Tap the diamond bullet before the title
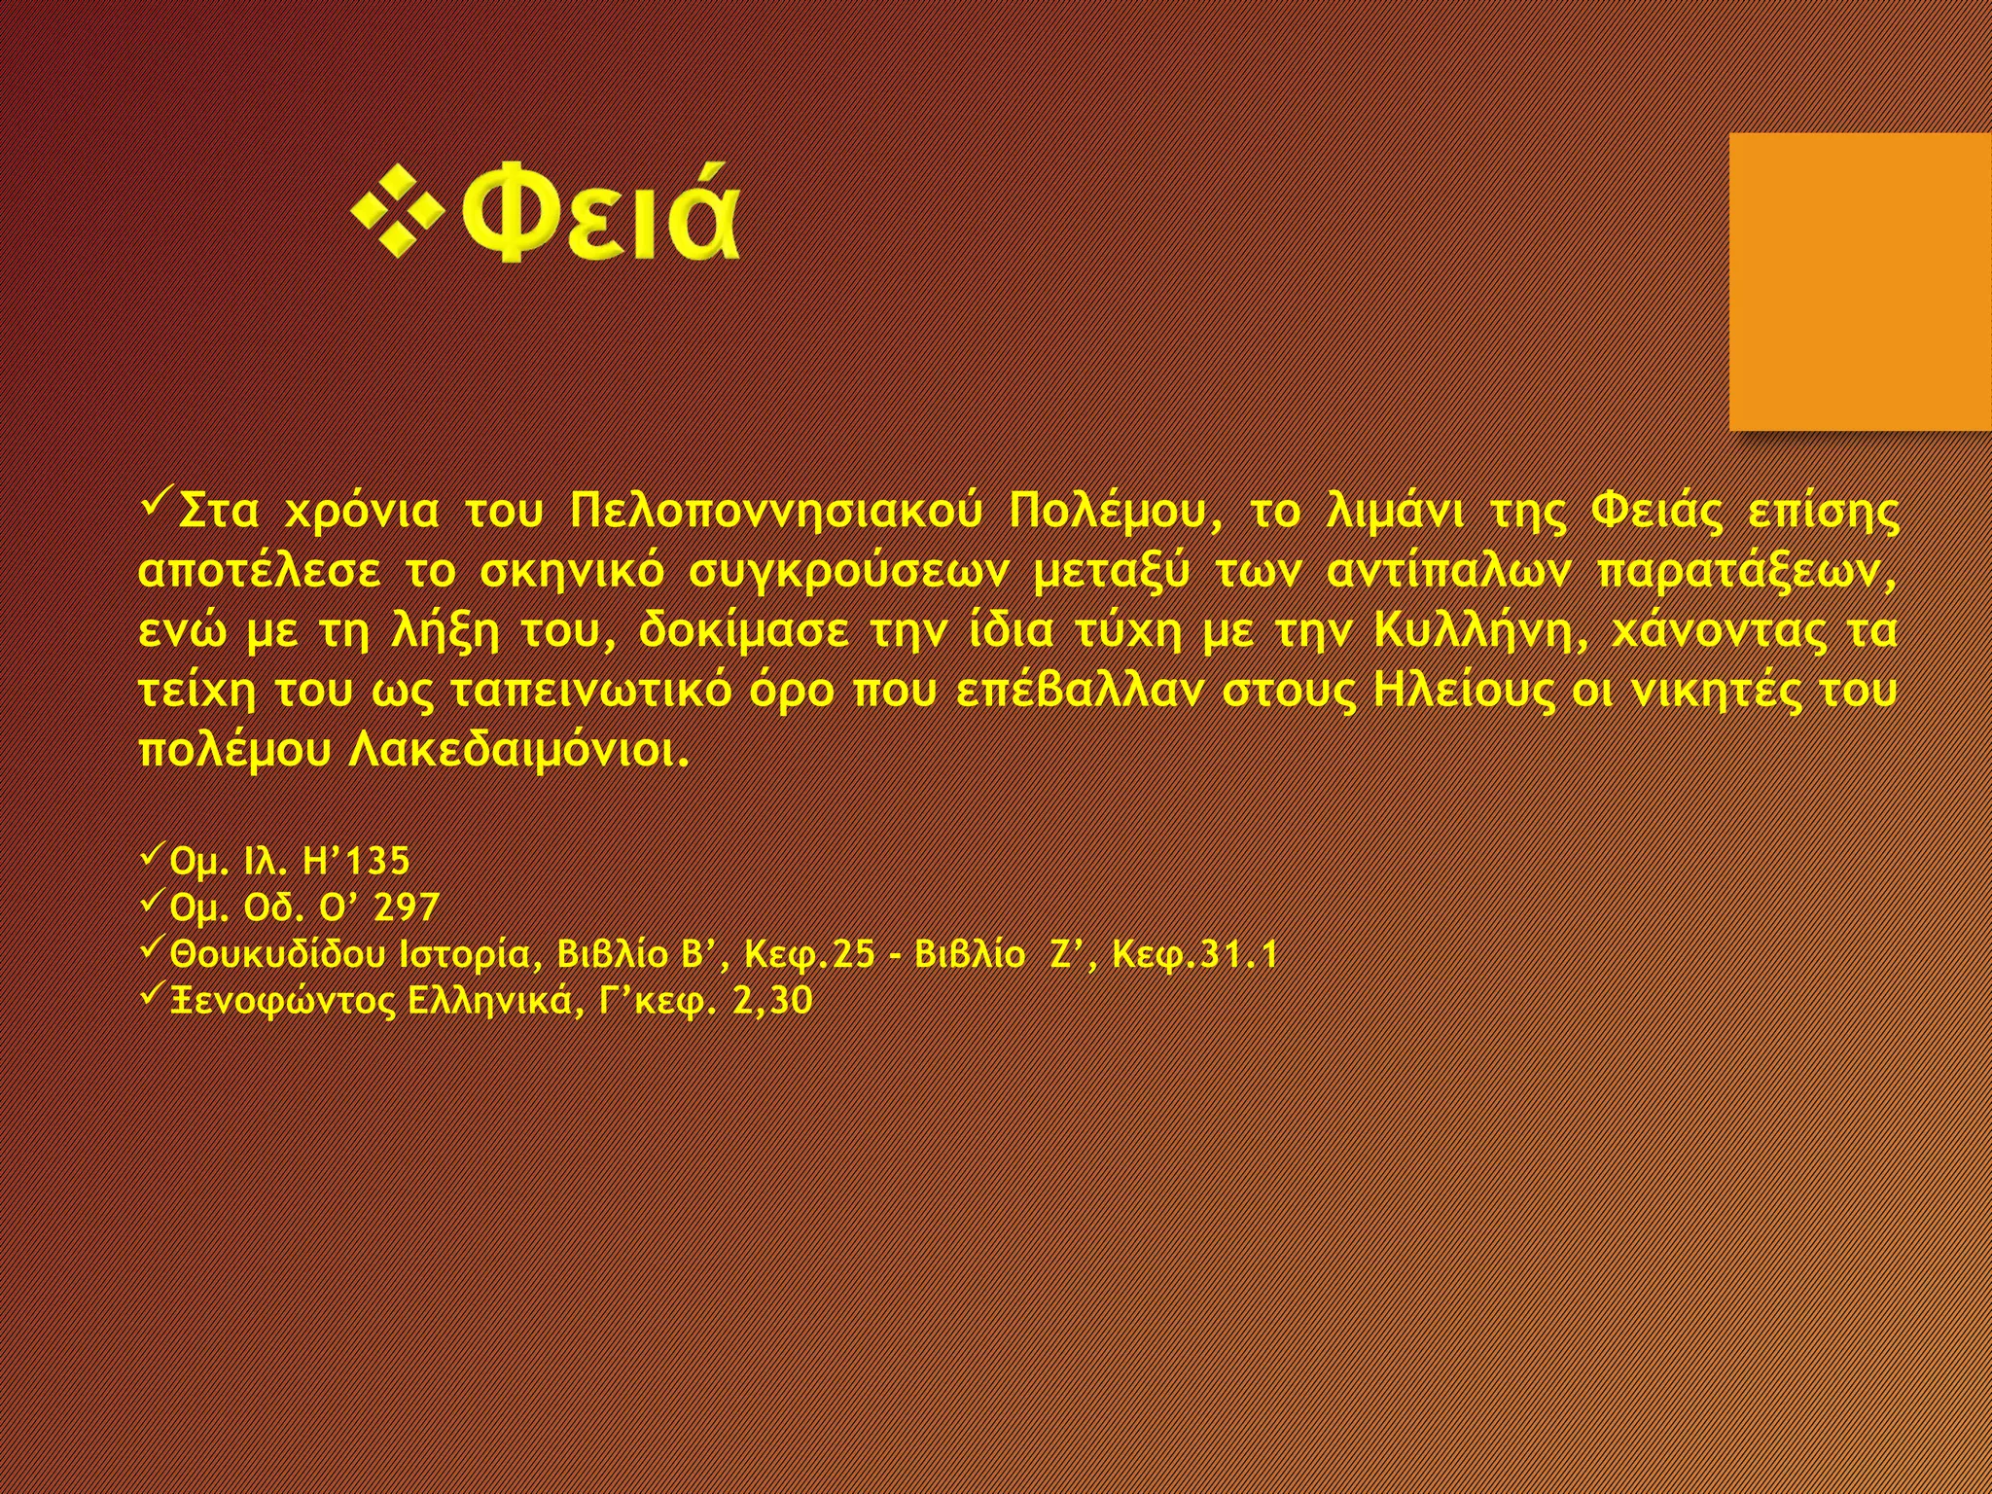click(398, 215)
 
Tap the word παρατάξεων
click(1747, 572)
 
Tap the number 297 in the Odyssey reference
click(407, 907)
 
